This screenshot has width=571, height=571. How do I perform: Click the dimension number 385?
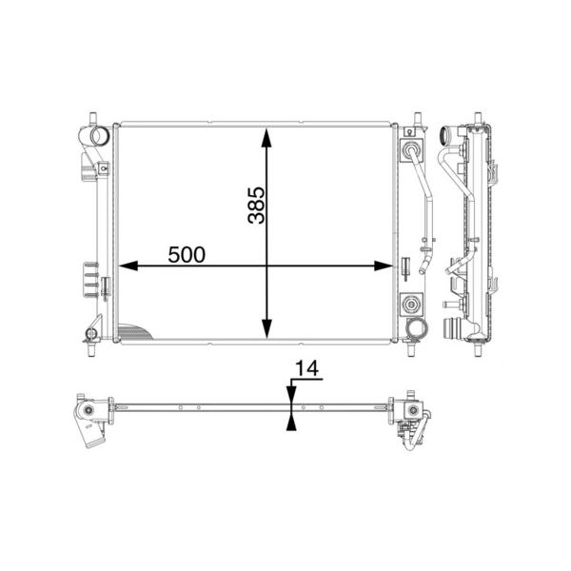coord(256,205)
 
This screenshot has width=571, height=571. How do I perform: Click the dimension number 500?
coord(187,254)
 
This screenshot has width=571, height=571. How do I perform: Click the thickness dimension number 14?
coord(306,368)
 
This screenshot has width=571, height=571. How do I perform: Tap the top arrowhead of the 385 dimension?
coord(266,137)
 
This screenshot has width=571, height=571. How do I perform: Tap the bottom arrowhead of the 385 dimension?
coord(266,328)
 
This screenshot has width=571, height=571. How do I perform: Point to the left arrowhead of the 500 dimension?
coord(128,266)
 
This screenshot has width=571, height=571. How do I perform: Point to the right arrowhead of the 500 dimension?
coord(384,266)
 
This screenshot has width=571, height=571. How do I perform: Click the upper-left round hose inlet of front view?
coord(99,135)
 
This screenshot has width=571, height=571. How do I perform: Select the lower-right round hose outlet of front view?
coord(417,328)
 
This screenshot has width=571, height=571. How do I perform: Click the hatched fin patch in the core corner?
coord(133,332)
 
